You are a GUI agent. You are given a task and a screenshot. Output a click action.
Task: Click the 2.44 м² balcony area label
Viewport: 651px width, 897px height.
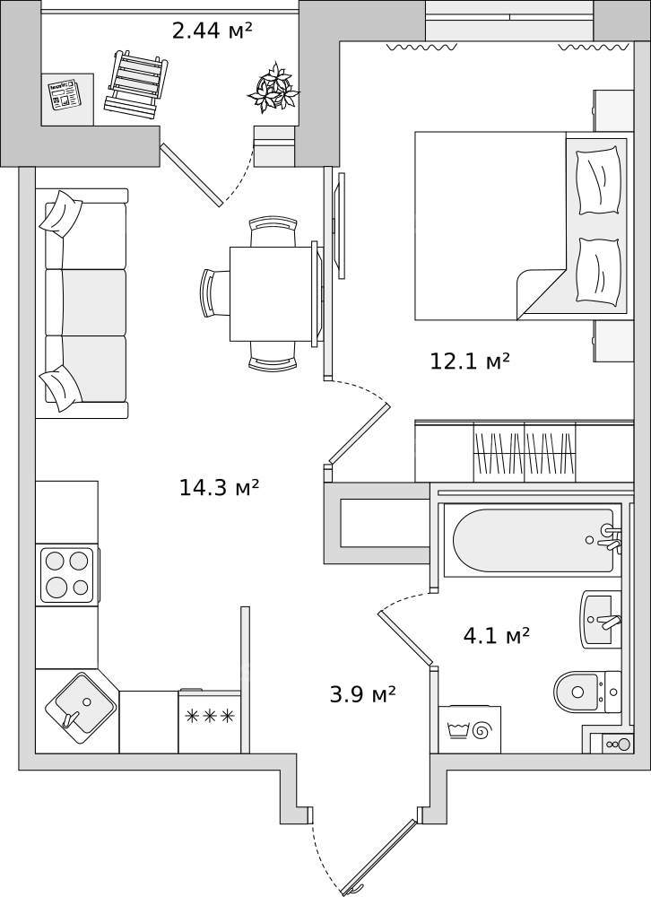213,30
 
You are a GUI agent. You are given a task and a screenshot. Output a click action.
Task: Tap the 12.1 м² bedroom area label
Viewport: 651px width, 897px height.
470,361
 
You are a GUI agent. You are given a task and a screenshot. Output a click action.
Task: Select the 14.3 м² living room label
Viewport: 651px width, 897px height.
220,487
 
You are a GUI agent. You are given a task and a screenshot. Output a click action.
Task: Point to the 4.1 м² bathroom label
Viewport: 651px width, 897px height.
496,636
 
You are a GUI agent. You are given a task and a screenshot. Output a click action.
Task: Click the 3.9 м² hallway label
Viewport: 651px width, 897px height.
363,694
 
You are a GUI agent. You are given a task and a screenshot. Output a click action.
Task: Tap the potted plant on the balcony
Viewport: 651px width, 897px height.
273,88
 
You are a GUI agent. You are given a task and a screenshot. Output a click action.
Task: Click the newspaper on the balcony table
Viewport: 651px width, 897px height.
64,94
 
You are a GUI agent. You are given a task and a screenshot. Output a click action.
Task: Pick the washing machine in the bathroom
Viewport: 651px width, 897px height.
469,729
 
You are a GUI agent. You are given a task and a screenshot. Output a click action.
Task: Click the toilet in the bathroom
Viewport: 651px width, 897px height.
587,692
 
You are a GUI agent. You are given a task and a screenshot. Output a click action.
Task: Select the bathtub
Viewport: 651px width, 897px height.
532,540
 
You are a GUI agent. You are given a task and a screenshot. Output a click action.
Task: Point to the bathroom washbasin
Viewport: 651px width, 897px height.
601,620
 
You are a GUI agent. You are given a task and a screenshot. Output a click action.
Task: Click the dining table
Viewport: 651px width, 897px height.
273,293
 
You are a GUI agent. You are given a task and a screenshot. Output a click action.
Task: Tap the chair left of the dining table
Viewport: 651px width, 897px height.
216,292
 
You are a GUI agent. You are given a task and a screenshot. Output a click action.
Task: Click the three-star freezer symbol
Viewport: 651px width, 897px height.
209,715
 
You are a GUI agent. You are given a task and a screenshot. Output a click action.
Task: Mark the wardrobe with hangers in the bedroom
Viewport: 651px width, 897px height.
524,452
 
